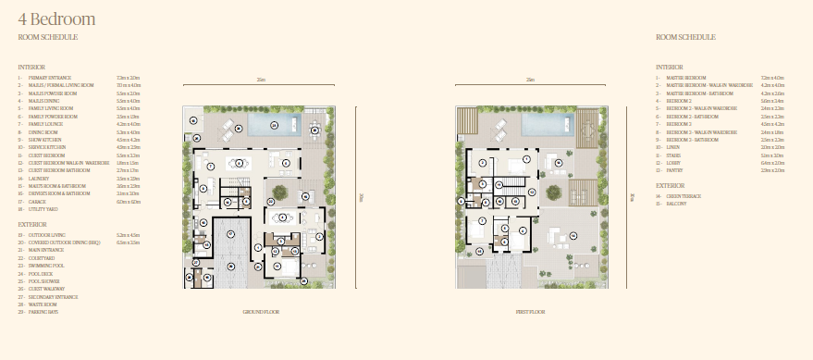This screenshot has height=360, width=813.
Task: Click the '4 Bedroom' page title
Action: (55, 19)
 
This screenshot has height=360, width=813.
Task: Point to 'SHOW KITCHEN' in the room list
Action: (49, 140)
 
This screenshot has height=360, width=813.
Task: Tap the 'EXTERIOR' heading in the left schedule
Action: (33, 224)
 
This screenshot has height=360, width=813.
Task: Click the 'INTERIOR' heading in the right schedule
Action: (670, 67)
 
